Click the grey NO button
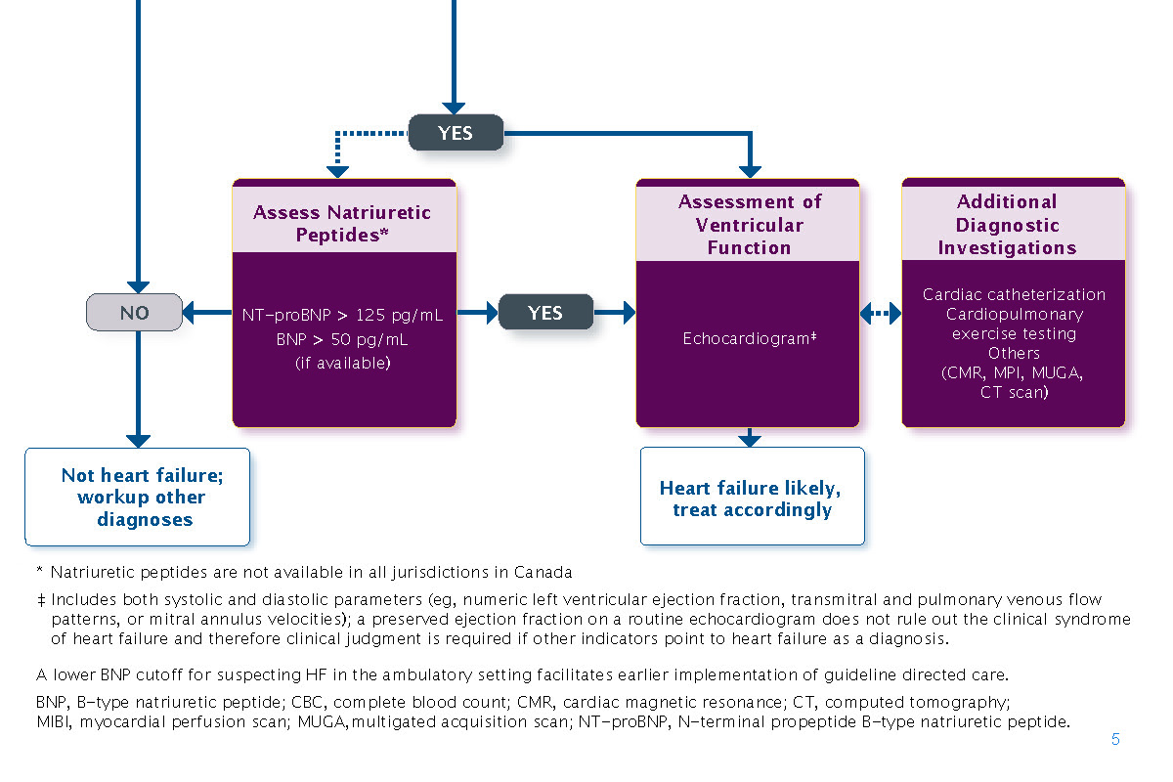(x=134, y=313)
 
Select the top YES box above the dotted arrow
(x=455, y=133)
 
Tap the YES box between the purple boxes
(x=545, y=313)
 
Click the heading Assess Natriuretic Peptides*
(x=343, y=224)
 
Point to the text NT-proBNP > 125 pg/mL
(x=343, y=316)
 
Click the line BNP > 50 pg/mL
(x=343, y=340)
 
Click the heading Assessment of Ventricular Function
(x=749, y=224)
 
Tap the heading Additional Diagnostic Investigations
(x=1007, y=224)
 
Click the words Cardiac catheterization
(x=1014, y=294)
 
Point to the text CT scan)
(x=1014, y=392)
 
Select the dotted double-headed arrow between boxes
(x=881, y=313)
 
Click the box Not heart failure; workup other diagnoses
(x=137, y=497)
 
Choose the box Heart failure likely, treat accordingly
(x=751, y=498)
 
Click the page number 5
(x=1115, y=740)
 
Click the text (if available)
(x=343, y=364)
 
